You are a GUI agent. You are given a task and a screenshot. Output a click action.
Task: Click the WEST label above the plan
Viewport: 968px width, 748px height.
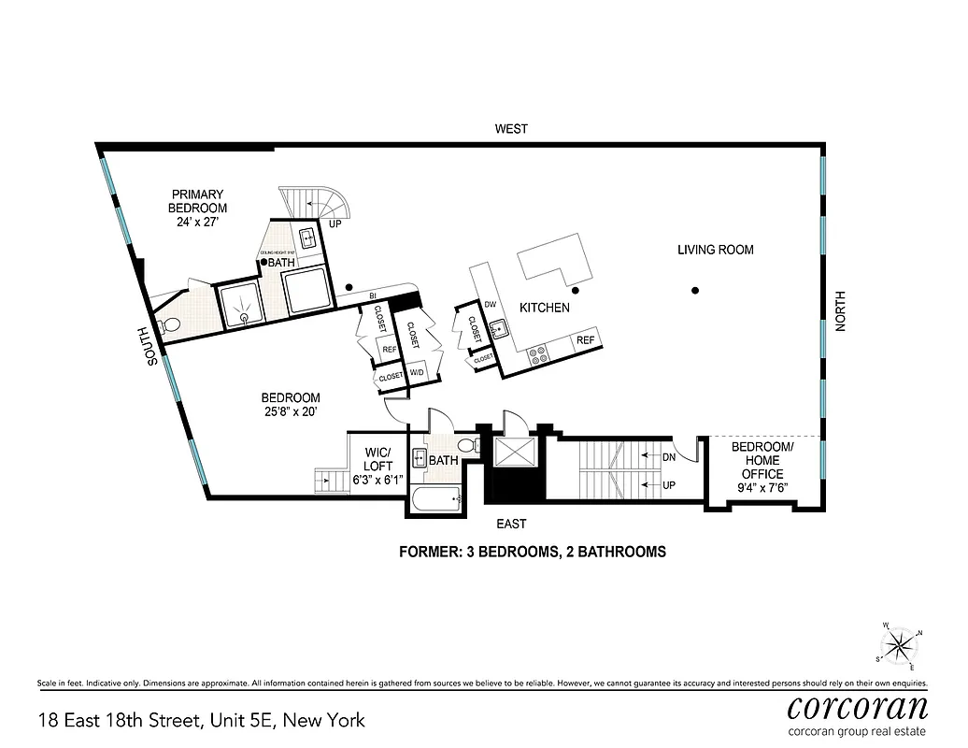pyautogui.click(x=512, y=129)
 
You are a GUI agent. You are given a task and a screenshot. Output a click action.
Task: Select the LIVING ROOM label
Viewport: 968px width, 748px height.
pyautogui.click(x=716, y=250)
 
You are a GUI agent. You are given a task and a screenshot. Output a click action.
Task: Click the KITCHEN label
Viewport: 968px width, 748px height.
pyautogui.click(x=544, y=308)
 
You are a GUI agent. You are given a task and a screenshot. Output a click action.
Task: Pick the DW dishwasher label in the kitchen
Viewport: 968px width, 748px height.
pyautogui.click(x=490, y=304)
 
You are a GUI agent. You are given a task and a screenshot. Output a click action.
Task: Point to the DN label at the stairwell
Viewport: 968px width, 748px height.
pyautogui.click(x=668, y=458)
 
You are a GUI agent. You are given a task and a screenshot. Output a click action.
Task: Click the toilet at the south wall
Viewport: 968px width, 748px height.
pyautogui.click(x=169, y=325)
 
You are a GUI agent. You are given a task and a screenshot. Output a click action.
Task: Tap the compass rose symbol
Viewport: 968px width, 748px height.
pyautogui.click(x=902, y=644)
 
